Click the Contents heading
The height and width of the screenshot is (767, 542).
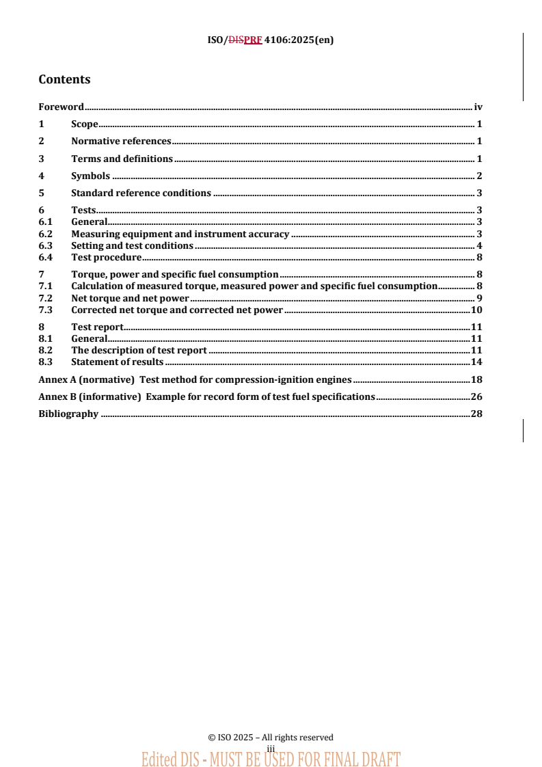[x=64, y=79]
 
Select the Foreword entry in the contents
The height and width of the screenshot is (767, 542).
[x=61, y=107]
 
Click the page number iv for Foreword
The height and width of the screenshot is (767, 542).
[x=478, y=107]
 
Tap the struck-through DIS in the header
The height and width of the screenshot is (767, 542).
[x=236, y=40]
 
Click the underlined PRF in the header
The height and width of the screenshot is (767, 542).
[x=253, y=40]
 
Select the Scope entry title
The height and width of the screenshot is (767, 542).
[x=85, y=124]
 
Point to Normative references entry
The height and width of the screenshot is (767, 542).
[x=121, y=142]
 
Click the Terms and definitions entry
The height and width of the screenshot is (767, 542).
[x=122, y=159]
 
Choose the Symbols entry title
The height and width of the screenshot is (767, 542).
[x=90, y=176]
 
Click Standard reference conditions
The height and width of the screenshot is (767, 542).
[x=141, y=193]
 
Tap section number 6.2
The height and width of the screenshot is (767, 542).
[x=45, y=234]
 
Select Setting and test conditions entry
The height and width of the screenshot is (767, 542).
[x=132, y=245]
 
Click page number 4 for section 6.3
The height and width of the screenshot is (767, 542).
[x=480, y=245]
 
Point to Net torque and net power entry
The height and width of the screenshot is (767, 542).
[x=130, y=298]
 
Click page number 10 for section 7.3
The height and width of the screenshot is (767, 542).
[x=477, y=310]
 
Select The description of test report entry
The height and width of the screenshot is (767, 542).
[x=139, y=350]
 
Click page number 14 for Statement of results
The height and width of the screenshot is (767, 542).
[x=477, y=362]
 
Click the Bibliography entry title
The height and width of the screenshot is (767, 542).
[x=68, y=414]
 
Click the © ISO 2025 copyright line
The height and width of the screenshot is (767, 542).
[x=271, y=738]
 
